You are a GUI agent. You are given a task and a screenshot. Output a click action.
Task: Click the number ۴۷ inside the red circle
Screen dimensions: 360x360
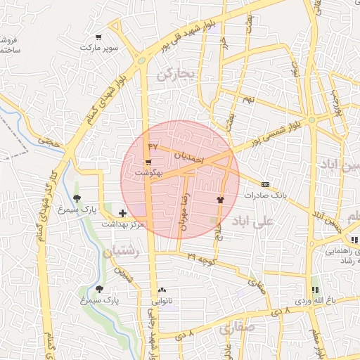click(x=153, y=146)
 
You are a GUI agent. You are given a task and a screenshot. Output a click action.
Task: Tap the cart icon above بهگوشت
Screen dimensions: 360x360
click(x=148, y=162)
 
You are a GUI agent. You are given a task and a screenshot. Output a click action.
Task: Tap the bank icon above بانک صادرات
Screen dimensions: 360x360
click(x=264, y=184)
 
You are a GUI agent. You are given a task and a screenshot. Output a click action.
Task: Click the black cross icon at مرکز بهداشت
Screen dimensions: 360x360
click(x=123, y=212)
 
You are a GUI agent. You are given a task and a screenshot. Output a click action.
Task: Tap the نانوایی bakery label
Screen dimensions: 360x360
click(x=162, y=301)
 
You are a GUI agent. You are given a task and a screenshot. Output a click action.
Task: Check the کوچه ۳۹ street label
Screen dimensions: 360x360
click(x=200, y=259)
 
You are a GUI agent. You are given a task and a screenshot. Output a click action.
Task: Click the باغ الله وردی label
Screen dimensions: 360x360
click(x=311, y=301)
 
